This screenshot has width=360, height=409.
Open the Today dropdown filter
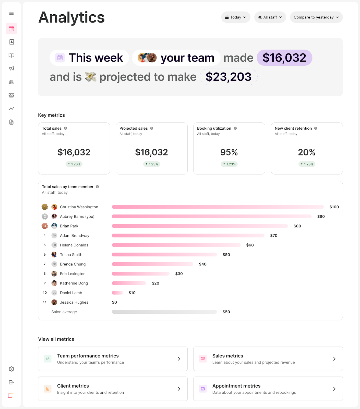coord(235,17)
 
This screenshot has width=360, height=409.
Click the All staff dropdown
coord(270,17)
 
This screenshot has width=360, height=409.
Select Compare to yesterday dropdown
coord(316,17)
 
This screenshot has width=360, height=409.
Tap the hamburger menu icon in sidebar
coord(11,13)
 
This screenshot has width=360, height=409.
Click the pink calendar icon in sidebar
coord(11,29)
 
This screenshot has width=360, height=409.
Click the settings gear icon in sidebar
coord(11,369)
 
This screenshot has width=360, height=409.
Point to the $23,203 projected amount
coord(228,77)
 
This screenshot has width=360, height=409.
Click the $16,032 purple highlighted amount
coord(284,58)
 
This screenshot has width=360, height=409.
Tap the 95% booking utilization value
coord(229,152)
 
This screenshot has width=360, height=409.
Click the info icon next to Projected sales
coord(152,128)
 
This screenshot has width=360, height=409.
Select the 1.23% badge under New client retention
coord(307,164)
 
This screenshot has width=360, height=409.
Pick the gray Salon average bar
coord(164,312)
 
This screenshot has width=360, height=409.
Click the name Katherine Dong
coord(74,283)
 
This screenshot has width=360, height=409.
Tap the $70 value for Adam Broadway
coord(274,235)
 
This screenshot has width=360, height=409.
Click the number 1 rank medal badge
coord(45,207)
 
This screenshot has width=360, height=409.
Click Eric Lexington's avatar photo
coord(54,274)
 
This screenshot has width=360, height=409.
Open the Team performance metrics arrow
coord(179,359)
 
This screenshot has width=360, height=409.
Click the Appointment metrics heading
coord(236,386)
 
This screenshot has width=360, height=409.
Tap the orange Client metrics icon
coord(47,389)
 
